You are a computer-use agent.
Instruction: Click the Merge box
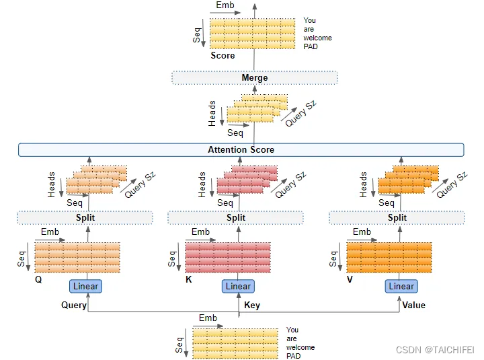click(254, 78)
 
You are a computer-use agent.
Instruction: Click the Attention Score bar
click(241, 149)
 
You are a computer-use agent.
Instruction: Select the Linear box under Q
click(85, 286)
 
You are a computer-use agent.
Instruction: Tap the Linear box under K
click(238, 286)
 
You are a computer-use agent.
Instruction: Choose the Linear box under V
click(401, 286)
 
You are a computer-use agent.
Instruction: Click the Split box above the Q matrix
click(85, 217)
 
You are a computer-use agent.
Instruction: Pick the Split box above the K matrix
click(236, 217)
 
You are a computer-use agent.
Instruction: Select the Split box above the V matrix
click(397, 217)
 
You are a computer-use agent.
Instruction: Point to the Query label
click(74, 305)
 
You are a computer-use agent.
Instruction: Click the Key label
click(252, 305)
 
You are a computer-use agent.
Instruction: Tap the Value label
click(413, 305)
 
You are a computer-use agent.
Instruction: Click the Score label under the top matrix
click(223, 56)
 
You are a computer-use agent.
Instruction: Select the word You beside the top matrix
click(309, 21)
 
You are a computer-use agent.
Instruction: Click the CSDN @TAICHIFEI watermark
click(436, 349)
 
